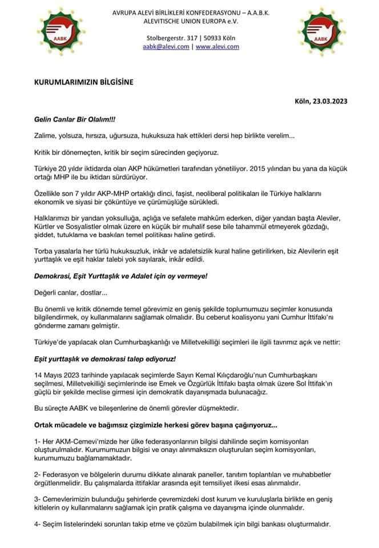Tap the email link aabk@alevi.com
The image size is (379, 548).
(x=166, y=47)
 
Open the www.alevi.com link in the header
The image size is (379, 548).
(x=217, y=47)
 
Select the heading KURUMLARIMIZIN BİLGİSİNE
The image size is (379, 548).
(x=83, y=82)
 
